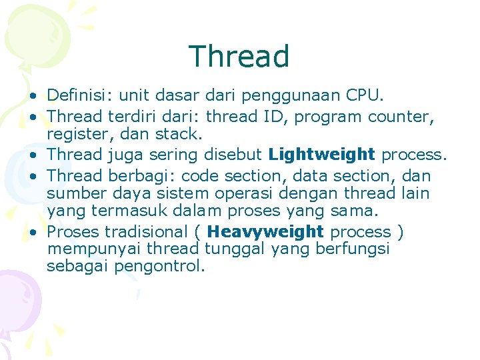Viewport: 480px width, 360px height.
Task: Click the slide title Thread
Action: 239,57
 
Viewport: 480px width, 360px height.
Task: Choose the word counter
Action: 403,117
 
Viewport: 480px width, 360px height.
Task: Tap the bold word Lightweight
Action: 322,155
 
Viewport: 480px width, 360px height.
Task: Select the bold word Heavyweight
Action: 265,232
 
